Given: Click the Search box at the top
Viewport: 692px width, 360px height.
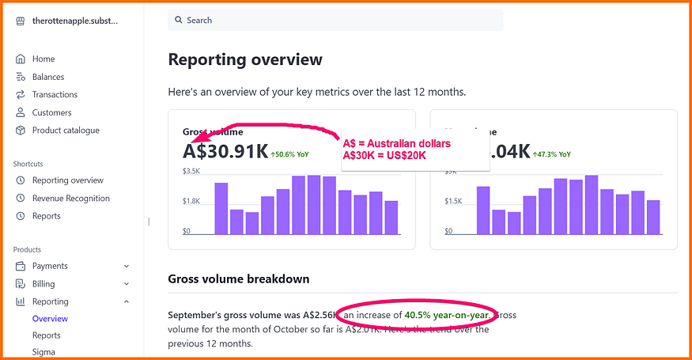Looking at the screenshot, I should click(335, 20).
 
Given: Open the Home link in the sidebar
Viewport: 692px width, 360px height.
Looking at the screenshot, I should click(43, 59).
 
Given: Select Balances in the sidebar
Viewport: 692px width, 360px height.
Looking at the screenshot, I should click(48, 77).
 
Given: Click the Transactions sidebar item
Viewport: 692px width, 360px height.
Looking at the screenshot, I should click(55, 94).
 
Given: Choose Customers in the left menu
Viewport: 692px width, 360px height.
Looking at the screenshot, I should click(51, 112).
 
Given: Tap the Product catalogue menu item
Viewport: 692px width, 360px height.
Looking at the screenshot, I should click(66, 130).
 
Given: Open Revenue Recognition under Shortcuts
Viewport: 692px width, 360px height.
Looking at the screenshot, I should click(70, 198).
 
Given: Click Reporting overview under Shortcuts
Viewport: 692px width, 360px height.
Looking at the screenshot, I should click(67, 180).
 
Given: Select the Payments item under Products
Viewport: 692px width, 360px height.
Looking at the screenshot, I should click(50, 266).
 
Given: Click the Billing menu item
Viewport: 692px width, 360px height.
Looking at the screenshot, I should click(43, 283).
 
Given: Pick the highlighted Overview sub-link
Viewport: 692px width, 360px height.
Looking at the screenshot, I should click(50, 319).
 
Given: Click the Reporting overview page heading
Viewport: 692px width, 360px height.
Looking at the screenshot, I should click(245, 59).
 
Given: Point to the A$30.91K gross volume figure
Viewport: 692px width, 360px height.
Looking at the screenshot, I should click(225, 151).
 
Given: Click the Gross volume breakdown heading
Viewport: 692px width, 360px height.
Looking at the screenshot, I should click(238, 279).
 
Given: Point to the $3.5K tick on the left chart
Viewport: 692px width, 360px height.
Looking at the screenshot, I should click(191, 171).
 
